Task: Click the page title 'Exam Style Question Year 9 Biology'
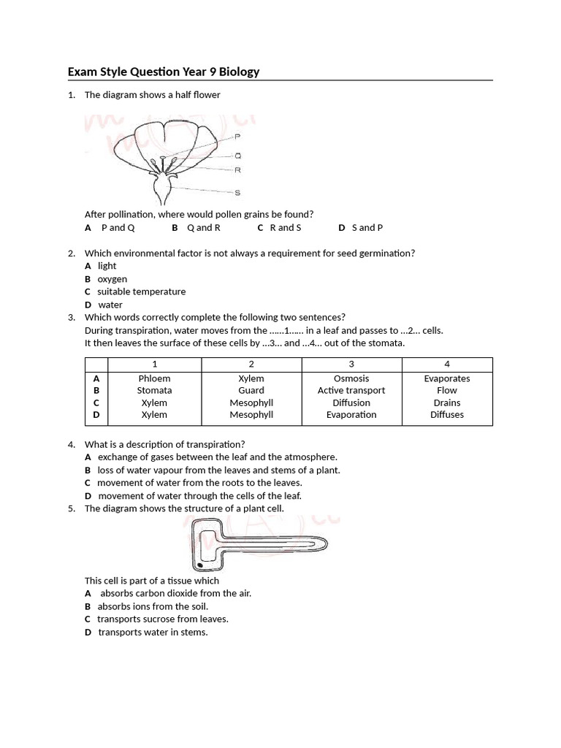[x=164, y=72]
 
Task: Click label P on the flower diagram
[x=238, y=137]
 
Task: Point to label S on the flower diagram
[x=238, y=193]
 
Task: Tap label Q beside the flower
[x=238, y=156]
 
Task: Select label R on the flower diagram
[x=238, y=170]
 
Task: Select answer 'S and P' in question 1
[x=367, y=228]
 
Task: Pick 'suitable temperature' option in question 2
[x=141, y=291]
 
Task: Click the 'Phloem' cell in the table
[x=154, y=378]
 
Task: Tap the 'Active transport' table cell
[x=351, y=391]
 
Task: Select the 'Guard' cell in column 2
[x=251, y=391]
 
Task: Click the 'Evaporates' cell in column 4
[x=447, y=378]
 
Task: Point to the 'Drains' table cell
[x=447, y=403]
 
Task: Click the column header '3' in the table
[x=351, y=364]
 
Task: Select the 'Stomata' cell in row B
[x=154, y=391]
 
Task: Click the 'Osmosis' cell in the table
[x=351, y=378]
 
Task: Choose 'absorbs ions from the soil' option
[x=153, y=606]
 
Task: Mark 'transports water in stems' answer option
[x=153, y=632]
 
